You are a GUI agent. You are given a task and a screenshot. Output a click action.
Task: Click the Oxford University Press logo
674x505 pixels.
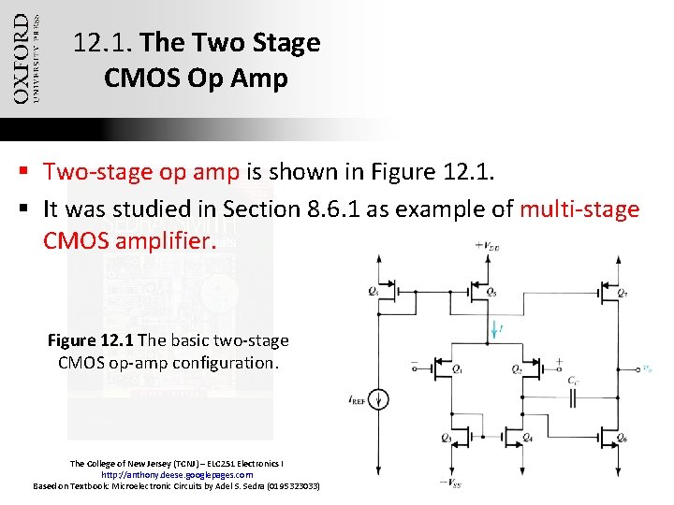(x=25, y=58)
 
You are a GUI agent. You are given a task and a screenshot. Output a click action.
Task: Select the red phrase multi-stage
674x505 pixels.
(x=579, y=209)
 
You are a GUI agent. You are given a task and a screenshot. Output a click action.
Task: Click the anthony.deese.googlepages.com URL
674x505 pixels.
(x=177, y=474)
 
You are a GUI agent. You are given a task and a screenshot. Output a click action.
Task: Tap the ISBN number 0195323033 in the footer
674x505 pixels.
(x=293, y=486)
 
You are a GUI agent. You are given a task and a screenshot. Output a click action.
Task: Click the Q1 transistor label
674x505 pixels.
(x=457, y=370)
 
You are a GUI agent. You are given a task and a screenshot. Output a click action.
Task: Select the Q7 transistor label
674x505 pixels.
(x=623, y=292)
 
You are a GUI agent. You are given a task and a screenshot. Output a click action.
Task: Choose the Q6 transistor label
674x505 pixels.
(x=623, y=439)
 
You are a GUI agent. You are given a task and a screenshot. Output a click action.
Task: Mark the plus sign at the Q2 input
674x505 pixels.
(x=559, y=361)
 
